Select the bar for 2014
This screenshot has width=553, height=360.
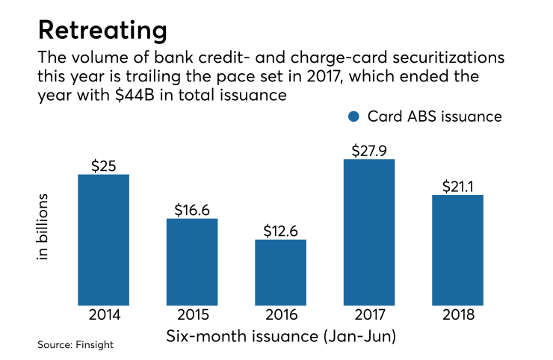(x=103, y=239)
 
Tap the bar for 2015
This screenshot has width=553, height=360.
(x=192, y=261)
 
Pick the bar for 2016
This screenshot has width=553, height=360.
(x=280, y=272)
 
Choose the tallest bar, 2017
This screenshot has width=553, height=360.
(x=368, y=232)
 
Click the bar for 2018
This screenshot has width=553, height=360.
(x=457, y=249)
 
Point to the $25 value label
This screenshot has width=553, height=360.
(x=104, y=165)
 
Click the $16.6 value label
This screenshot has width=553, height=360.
(x=192, y=209)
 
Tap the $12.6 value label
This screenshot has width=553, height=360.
(x=281, y=230)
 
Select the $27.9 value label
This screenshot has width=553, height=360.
(x=369, y=149)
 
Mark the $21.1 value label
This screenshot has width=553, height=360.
(x=457, y=185)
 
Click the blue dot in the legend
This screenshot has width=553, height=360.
(x=354, y=117)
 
